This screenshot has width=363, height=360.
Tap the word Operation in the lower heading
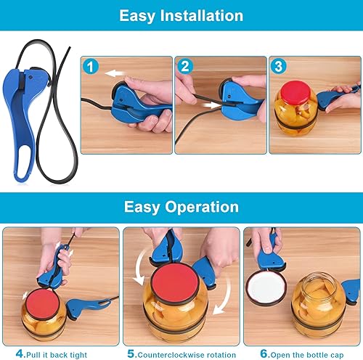tap(201, 207)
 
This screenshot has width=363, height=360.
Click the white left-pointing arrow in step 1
tap(114, 73)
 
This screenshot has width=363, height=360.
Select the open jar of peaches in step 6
tap(319, 300)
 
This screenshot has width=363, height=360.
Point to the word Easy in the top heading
tap(139, 16)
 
